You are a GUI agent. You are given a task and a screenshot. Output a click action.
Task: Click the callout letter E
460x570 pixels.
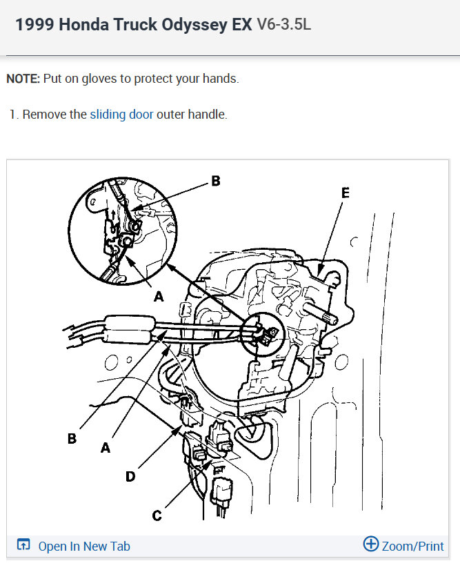click(x=346, y=193)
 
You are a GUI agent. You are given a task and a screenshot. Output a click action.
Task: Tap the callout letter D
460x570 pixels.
click(x=130, y=476)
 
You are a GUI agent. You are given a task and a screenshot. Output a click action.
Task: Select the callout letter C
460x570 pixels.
click(x=157, y=515)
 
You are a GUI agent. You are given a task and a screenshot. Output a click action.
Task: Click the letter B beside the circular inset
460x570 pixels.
click(x=216, y=181)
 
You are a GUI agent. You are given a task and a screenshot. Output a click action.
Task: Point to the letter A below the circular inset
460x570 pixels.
click(x=159, y=297)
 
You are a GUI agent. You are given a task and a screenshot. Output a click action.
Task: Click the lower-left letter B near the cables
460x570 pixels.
click(x=72, y=438)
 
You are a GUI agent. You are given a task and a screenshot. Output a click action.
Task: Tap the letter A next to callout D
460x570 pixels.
click(x=106, y=447)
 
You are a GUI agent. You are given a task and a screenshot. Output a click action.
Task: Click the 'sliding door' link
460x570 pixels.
click(x=121, y=115)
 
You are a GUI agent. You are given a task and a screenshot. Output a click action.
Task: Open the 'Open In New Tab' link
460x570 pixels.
click(x=84, y=546)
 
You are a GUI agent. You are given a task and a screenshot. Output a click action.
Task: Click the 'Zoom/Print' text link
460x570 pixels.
click(x=413, y=546)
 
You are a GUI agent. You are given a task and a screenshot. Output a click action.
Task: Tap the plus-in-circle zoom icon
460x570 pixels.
click(x=371, y=544)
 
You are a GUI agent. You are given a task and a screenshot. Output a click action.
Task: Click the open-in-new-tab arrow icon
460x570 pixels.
click(x=23, y=544)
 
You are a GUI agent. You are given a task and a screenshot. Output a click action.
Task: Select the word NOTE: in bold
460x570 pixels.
click(x=23, y=79)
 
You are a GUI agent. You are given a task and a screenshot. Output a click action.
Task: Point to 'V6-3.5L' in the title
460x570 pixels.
click(x=283, y=24)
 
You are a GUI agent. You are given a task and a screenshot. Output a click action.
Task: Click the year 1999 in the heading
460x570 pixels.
click(x=35, y=24)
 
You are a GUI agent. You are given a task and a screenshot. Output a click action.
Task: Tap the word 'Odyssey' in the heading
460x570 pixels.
click(x=194, y=25)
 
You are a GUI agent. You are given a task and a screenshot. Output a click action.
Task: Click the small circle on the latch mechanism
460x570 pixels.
click(x=341, y=362)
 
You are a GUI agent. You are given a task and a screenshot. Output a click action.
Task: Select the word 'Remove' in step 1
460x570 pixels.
click(x=44, y=115)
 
